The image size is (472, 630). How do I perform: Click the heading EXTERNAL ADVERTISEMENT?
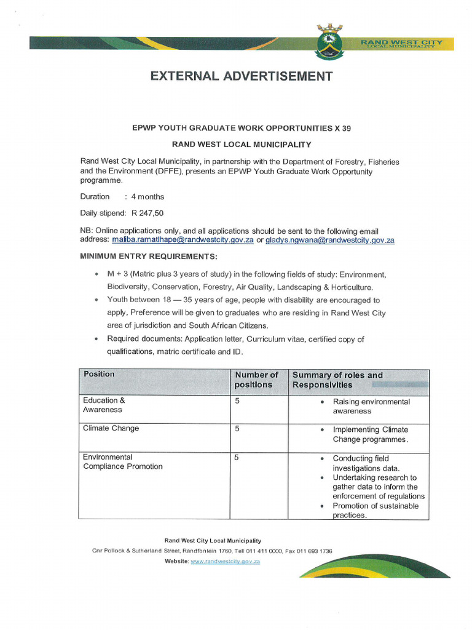pyautogui.click(x=242, y=76)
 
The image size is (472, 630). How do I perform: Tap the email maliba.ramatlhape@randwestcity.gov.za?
pyautogui.click(x=183, y=241)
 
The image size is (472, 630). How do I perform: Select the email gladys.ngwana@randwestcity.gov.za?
pyautogui.click(x=330, y=241)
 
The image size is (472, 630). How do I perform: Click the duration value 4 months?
pyautogui.click(x=147, y=197)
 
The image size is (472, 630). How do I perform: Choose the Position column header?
pyautogui.click(x=99, y=374)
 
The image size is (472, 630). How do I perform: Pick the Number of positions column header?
pyautogui.click(x=256, y=380)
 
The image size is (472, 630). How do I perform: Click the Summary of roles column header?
pyautogui.click(x=337, y=380)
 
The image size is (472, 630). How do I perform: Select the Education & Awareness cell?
pyautogui.click(x=103, y=405)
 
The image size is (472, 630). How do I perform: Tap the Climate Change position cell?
pyautogui.click(x=111, y=428)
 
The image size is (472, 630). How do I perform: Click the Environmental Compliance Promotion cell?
pyautogui.click(x=123, y=462)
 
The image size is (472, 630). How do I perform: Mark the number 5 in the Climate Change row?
pyautogui.click(x=237, y=428)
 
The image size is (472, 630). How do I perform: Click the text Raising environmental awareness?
pyautogui.click(x=371, y=406)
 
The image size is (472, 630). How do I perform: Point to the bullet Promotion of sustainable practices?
pyautogui.click(x=375, y=511)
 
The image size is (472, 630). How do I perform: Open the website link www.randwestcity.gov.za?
pyautogui.click(x=226, y=562)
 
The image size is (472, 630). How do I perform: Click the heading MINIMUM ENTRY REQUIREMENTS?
pyautogui.click(x=149, y=256)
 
